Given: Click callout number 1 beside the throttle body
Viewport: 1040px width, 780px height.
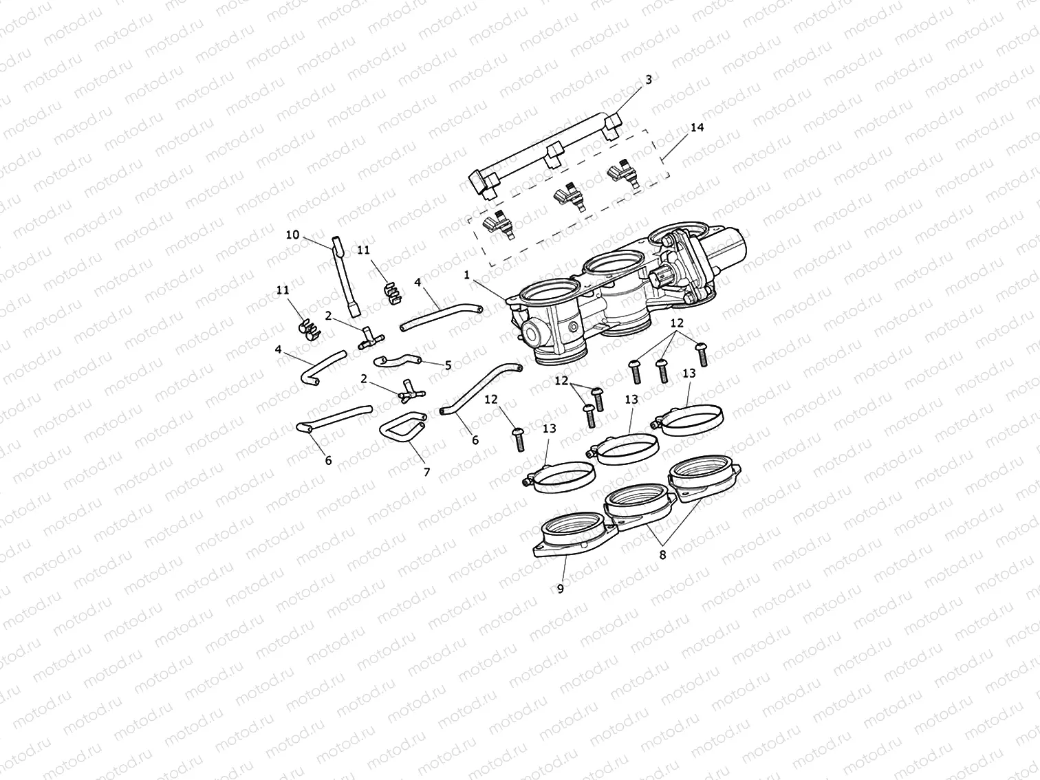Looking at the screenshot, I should click(466, 274).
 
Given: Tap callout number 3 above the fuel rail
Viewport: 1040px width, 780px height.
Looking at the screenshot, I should click(648, 80).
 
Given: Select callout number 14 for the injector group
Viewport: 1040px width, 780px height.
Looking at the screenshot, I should click(697, 128).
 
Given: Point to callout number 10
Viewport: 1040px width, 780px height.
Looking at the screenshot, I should click(292, 235).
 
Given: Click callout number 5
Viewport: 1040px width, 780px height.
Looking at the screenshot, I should click(448, 365).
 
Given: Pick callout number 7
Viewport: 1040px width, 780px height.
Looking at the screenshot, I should click(426, 472).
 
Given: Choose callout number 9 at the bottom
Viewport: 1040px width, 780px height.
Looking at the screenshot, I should click(560, 589).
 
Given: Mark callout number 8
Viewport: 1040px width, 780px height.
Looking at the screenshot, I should click(662, 555).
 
